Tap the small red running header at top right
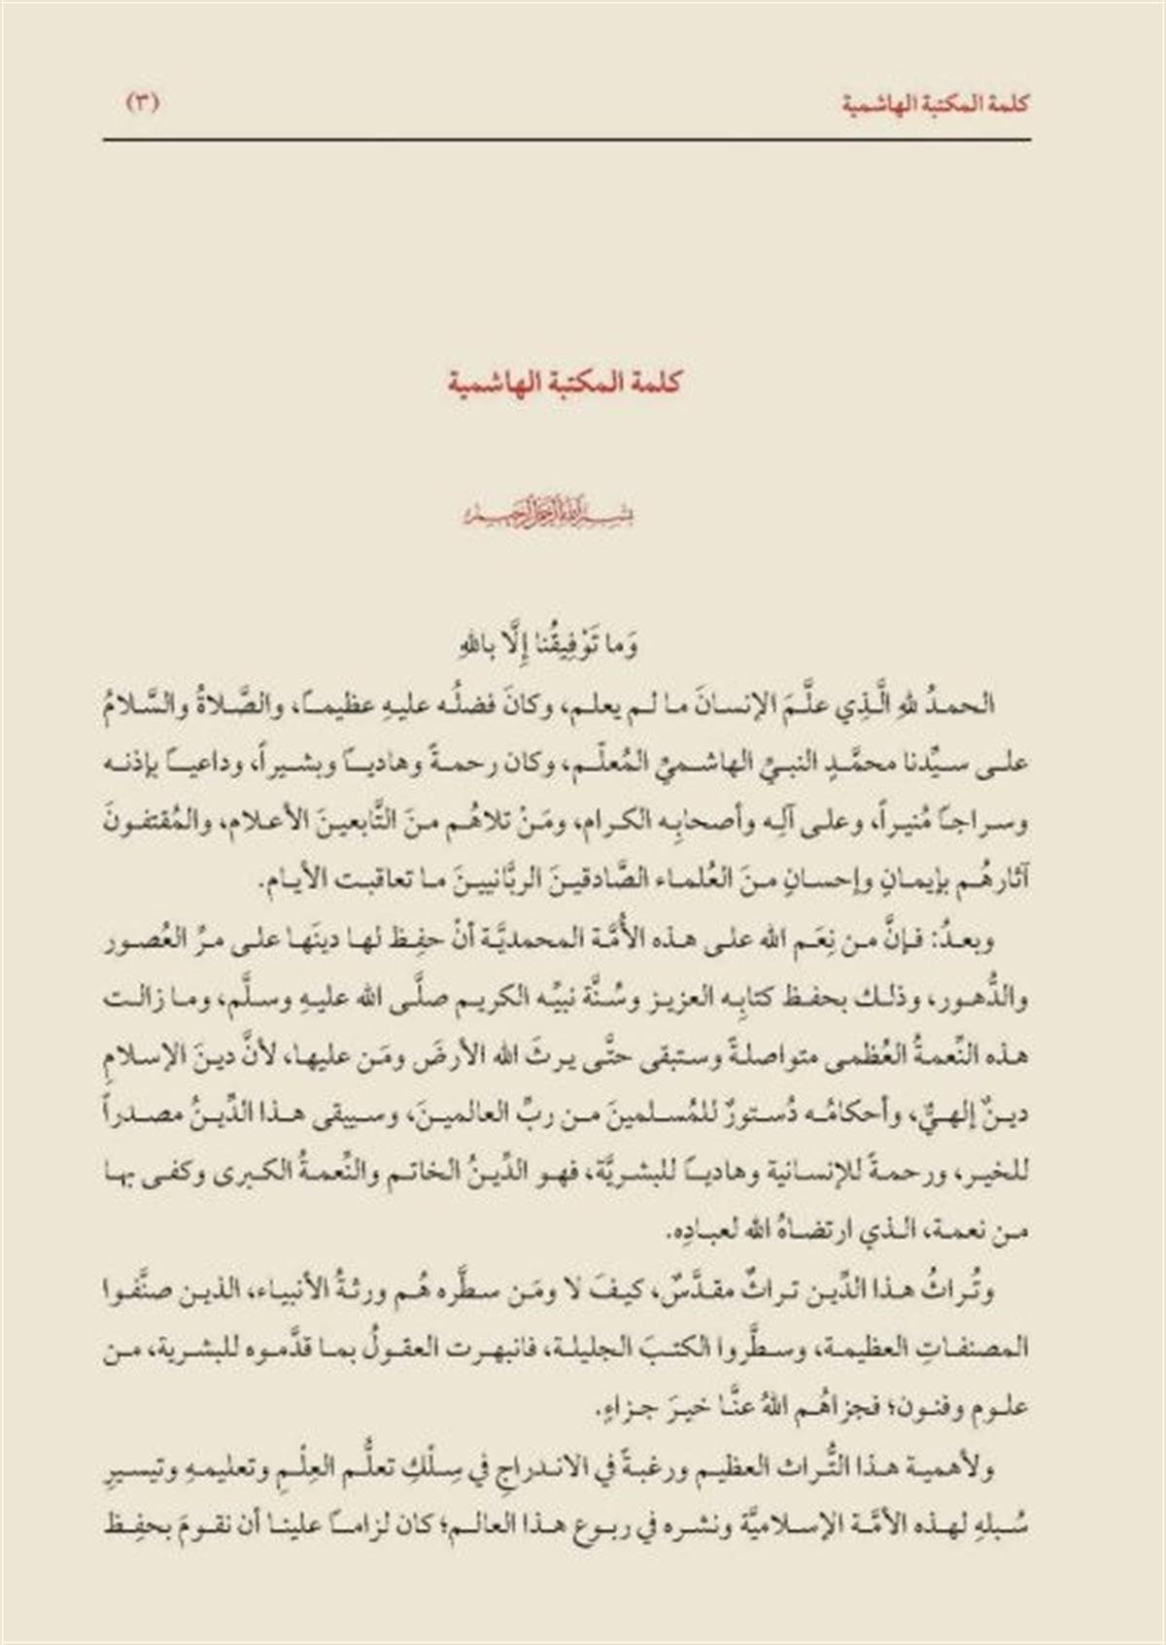pyautogui.click(x=934, y=103)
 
